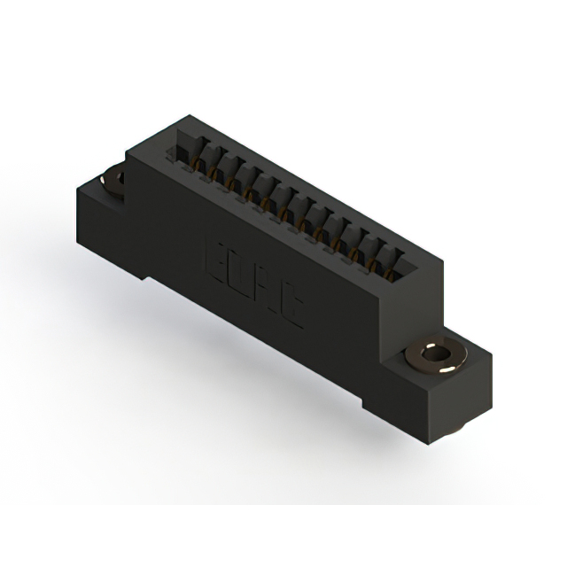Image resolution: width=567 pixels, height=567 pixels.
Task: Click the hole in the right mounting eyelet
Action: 434,356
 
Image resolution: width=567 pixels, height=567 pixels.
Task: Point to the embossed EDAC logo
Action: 253,276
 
